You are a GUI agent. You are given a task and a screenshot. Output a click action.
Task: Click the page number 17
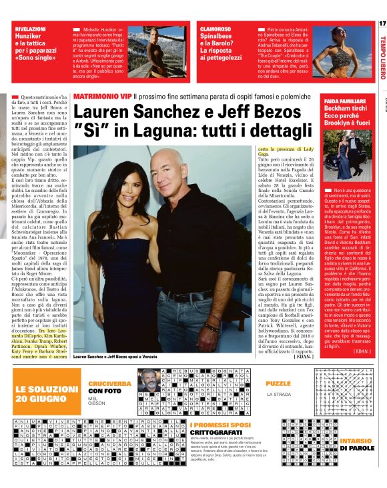381,24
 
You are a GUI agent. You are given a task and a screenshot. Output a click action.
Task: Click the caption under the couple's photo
119,357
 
